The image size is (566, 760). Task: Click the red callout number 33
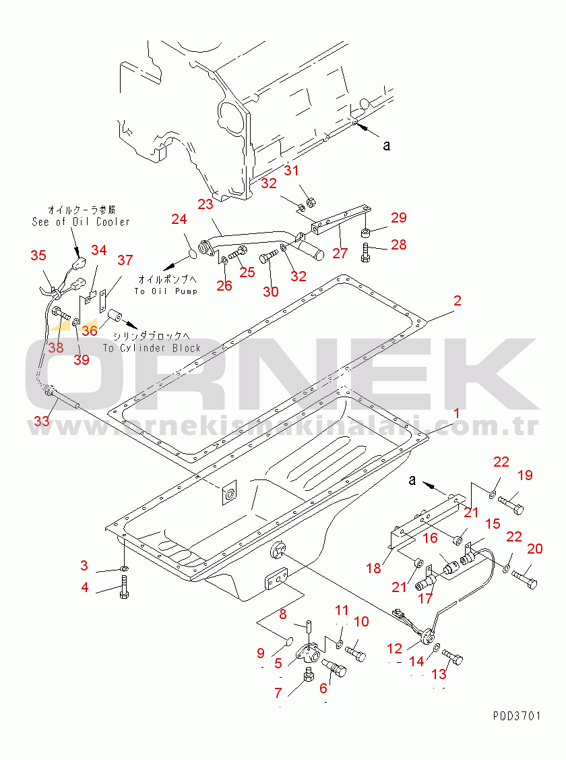[42, 421]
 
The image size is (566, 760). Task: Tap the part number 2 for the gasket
[457, 301]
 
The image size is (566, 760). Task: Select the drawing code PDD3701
[516, 716]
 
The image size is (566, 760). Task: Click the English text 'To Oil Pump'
[166, 291]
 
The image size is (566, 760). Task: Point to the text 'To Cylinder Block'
[152, 348]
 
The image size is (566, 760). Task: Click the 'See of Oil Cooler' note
[81, 222]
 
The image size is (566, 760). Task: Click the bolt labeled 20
[524, 578]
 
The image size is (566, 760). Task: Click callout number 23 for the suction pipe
[205, 204]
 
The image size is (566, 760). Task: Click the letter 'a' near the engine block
[386, 144]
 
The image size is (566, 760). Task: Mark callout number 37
[125, 261]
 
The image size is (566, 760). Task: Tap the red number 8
[283, 614]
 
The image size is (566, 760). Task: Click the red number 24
[178, 220]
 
